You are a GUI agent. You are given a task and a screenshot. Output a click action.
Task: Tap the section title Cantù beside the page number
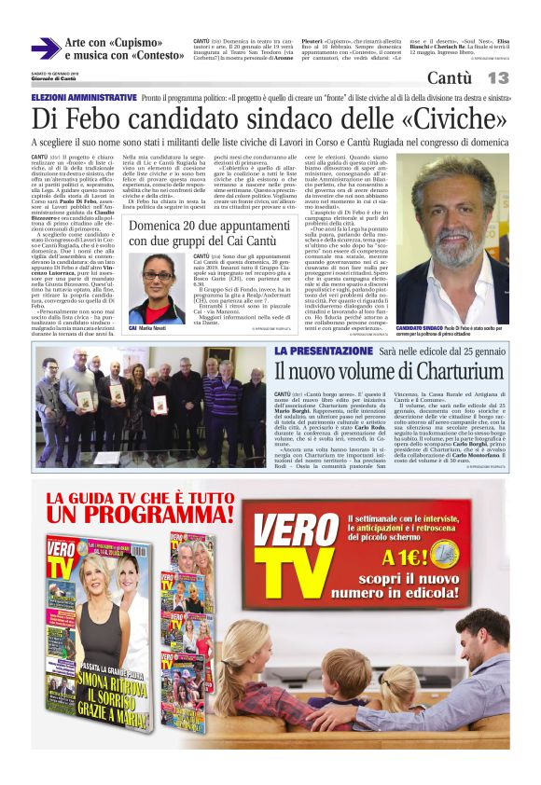(449, 77)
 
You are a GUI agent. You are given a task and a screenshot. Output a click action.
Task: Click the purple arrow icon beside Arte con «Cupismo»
(45, 48)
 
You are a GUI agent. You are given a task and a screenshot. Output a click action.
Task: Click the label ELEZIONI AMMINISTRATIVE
(84, 97)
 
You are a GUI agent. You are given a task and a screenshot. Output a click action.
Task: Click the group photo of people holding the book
(150, 406)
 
